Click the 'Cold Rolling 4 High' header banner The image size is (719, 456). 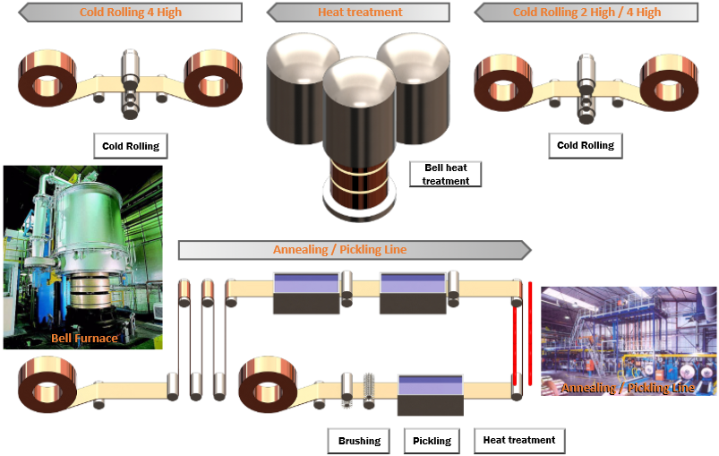pos(130,13)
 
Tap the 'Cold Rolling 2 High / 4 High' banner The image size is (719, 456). pos(586,13)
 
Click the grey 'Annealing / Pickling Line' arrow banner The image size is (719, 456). pos(354,250)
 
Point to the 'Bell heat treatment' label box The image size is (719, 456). pos(445,174)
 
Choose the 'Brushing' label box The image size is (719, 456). pos(359,441)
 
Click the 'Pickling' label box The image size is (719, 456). pos(432,441)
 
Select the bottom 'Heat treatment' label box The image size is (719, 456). pos(518,440)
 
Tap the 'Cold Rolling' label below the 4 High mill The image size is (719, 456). pos(132,145)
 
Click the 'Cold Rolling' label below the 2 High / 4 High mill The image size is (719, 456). pos(586,145)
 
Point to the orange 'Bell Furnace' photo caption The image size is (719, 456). pos(84,338)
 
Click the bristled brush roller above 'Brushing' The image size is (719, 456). pos(367,391)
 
